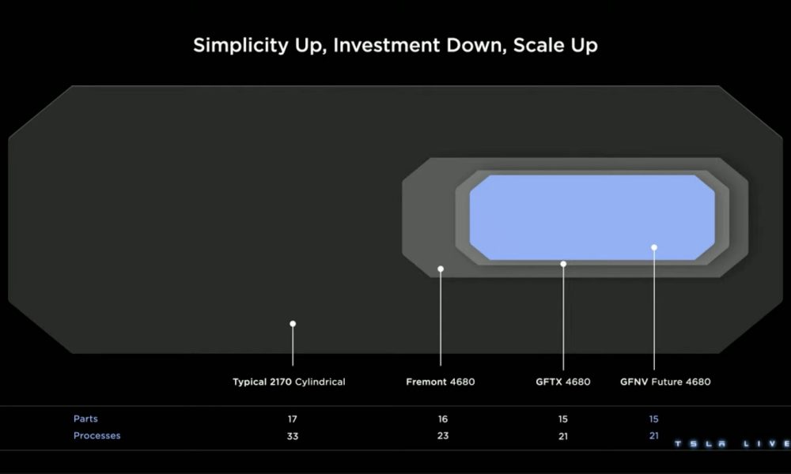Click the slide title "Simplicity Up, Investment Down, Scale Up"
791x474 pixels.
point(395,45)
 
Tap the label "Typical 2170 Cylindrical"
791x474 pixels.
point(289,382)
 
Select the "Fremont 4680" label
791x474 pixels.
point(441,382)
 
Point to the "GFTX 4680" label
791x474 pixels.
point(563,382)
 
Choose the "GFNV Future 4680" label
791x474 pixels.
point(665,382)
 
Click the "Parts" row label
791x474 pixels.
point(85,419)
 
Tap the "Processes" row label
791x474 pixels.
point(97,436)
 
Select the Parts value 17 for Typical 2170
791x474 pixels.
point(293,419)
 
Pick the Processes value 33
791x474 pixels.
point(293,436)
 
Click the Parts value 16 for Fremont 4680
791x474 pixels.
point(443,419)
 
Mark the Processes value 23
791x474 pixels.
point(443,436)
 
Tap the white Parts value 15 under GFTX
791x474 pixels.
point(563,419)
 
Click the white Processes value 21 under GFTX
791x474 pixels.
point(563,436)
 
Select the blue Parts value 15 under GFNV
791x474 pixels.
point(654,419)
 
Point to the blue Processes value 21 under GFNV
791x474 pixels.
point(654,436)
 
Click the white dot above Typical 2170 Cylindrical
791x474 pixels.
point(293,323)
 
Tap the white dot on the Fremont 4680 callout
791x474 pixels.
point(441,269)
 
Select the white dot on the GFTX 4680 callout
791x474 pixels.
point(563,264)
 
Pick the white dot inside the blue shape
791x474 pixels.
point(654,247)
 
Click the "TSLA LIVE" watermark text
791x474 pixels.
point(732,444)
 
